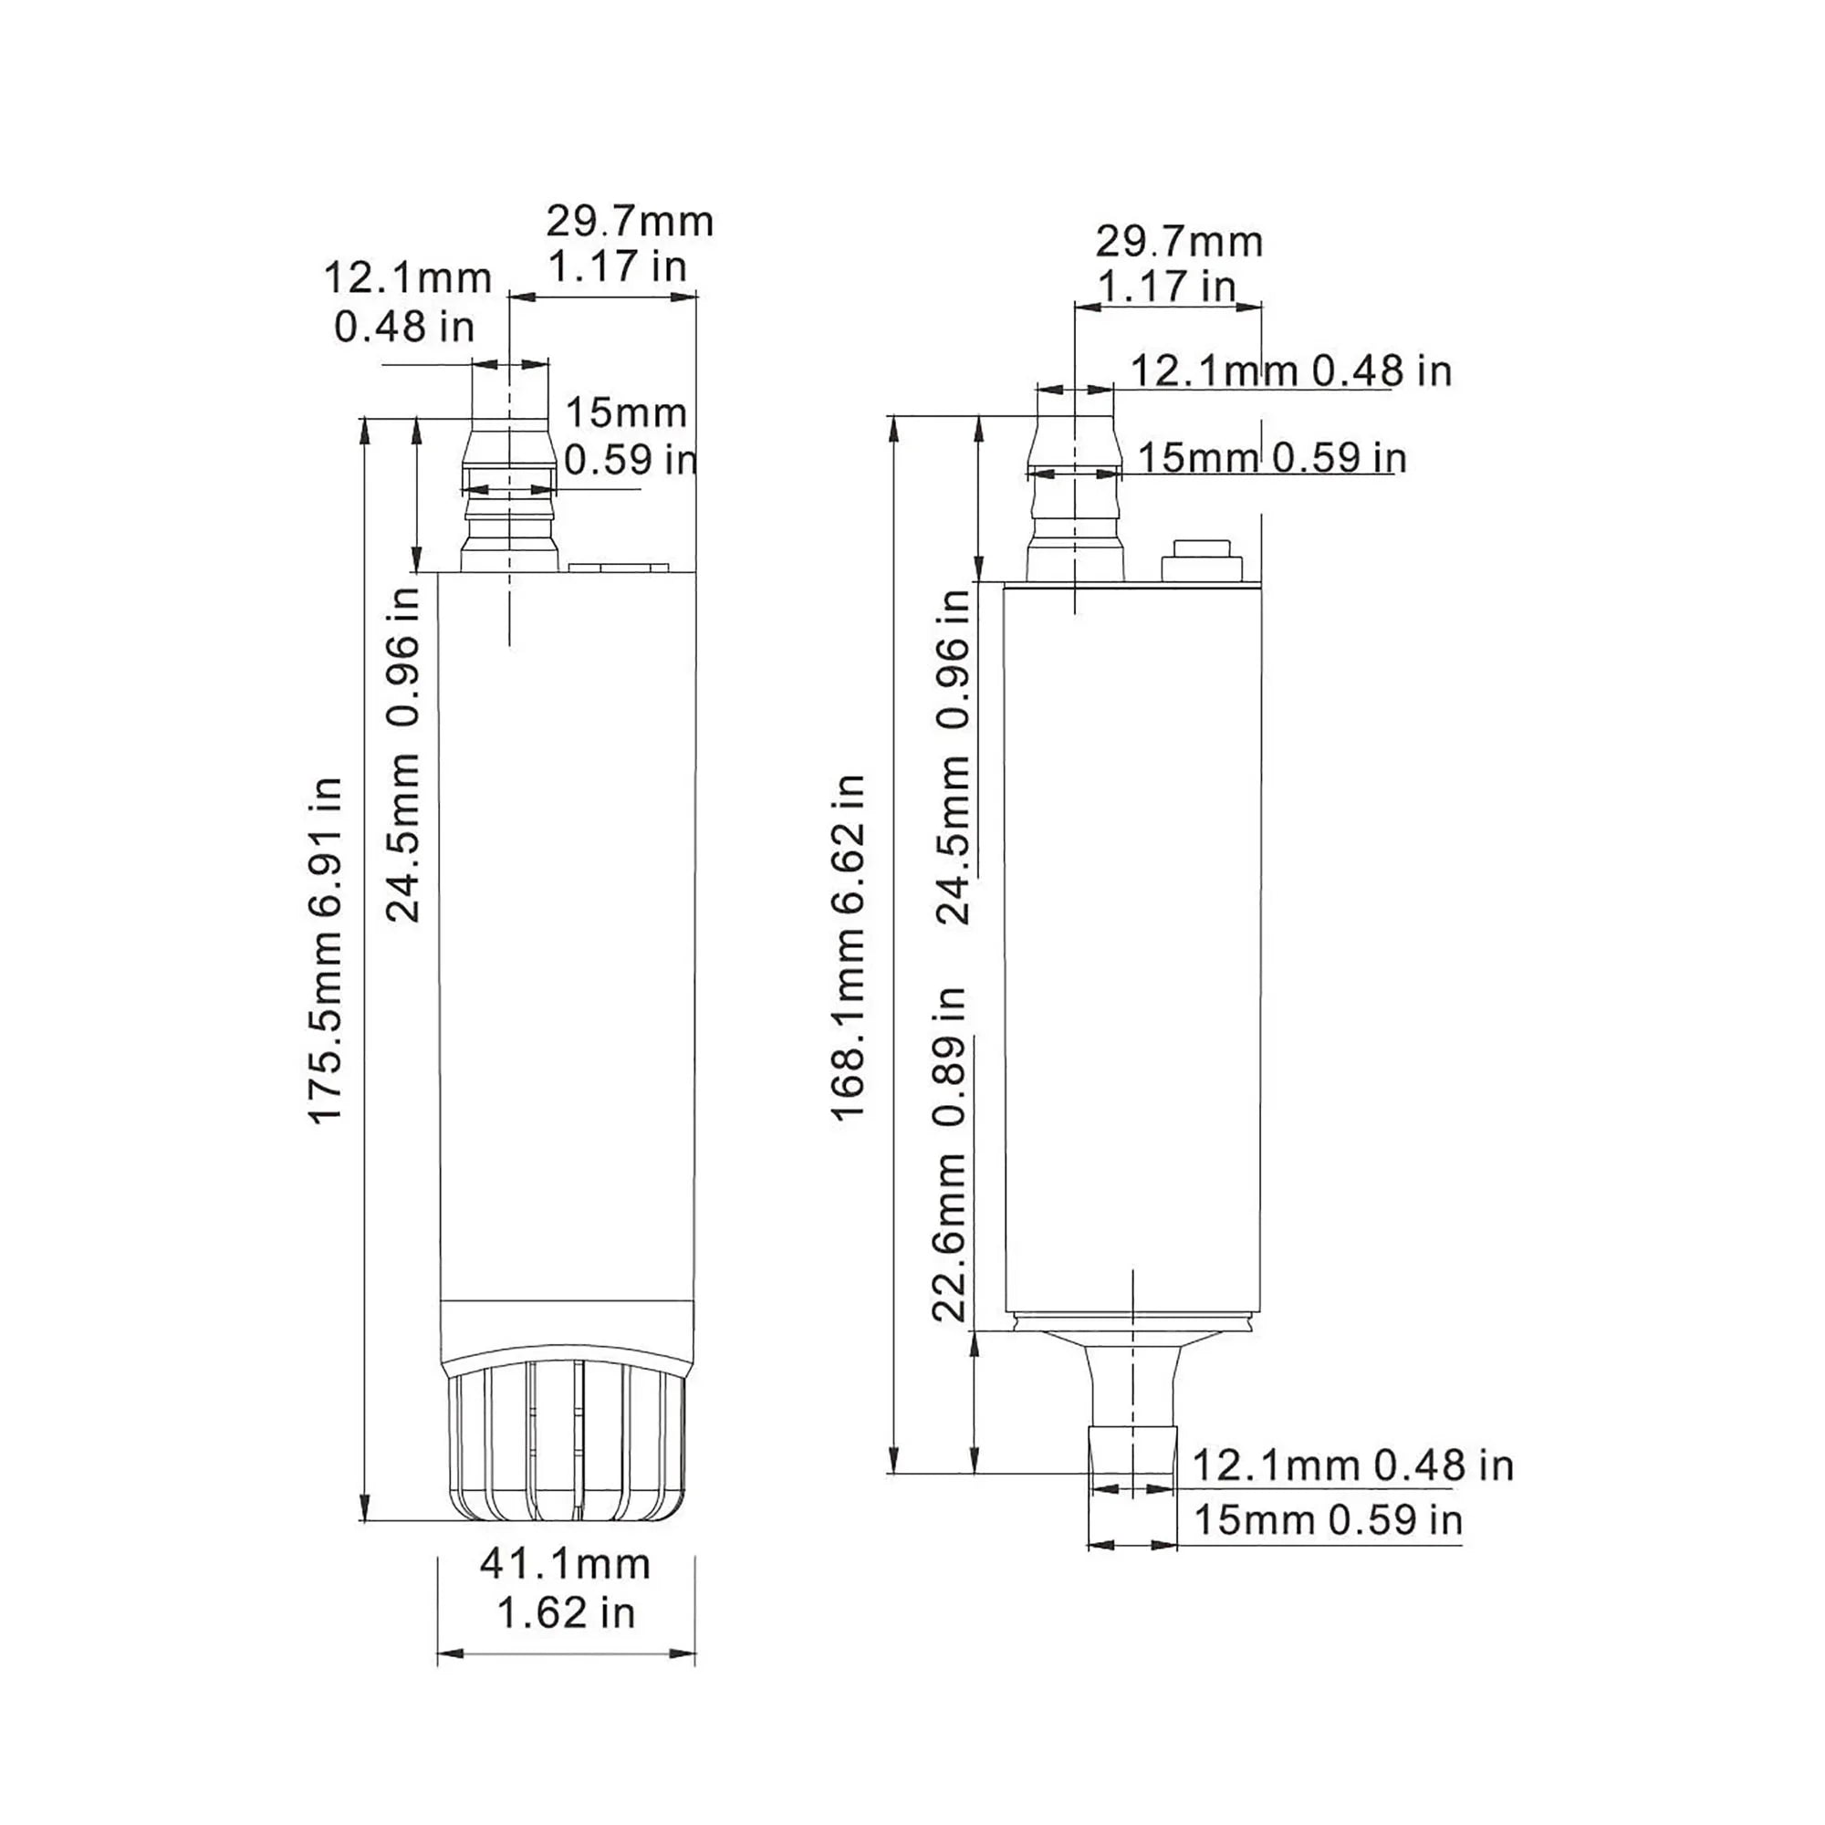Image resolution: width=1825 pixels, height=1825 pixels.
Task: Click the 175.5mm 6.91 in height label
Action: [x=326, y=950]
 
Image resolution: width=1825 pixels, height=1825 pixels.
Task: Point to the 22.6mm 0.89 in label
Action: [x=950, y=1153]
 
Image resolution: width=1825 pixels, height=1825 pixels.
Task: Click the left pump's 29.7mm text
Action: [x=629, y=222]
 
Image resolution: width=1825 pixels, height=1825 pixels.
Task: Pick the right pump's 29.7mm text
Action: [x=1178, y=242]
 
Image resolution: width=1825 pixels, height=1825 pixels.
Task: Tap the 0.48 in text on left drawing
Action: [x=403, y=327]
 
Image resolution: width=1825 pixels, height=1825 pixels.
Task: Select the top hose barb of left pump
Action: [x=508, y=495]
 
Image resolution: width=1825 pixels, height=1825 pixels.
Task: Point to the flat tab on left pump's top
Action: [x=618, y=568]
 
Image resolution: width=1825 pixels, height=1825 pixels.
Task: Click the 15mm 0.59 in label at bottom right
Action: [x=1328, y=1520]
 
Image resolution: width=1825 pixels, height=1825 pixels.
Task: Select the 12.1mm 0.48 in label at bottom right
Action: [x=1351, y=1465]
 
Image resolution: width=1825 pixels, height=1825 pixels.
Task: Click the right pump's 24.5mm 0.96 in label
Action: [x=955, y=756]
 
